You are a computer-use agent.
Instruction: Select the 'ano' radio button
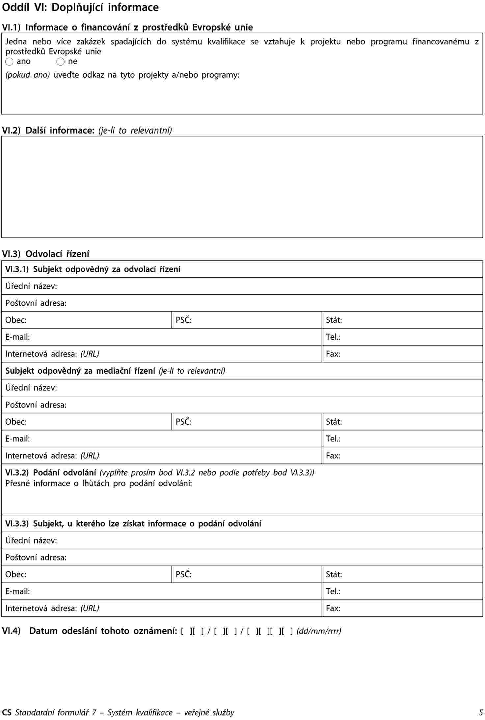10,62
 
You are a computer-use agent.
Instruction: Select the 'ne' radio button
61,62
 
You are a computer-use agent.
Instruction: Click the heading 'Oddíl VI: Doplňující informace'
80,7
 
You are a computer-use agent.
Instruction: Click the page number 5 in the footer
481,712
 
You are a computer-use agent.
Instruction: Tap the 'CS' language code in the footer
7,712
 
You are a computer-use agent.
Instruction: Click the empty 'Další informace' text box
242,187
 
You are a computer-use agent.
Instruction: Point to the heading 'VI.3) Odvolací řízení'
45,254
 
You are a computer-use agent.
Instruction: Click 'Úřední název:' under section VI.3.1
31,286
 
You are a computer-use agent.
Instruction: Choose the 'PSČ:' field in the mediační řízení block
246,422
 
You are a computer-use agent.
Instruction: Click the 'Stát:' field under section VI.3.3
402,574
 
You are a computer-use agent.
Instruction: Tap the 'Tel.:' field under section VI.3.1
402,337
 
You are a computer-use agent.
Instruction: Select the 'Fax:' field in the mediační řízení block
402,456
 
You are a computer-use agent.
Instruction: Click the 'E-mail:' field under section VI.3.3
161,591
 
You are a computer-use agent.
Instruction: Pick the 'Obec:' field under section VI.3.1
86,320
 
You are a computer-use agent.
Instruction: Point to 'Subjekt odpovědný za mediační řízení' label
80,371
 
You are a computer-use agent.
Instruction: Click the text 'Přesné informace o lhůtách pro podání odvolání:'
99,483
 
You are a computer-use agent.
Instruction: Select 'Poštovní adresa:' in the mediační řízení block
36,405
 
